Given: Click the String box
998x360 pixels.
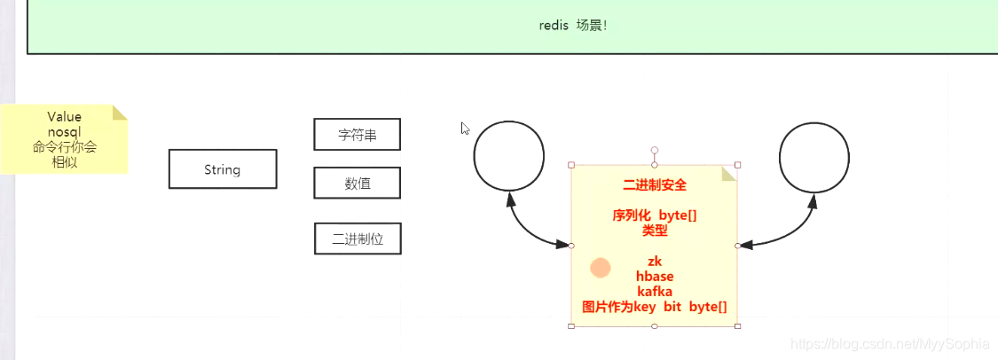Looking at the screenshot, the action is point(222,169).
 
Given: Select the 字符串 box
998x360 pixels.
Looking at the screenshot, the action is point(357,135).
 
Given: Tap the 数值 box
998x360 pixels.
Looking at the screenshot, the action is point(357,184).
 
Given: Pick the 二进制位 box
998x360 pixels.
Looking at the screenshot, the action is point(358,239).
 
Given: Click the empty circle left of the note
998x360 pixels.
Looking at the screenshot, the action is point(508,155).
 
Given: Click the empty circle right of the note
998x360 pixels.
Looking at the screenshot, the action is point(813,155).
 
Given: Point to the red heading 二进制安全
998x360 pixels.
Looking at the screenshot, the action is point(655,185).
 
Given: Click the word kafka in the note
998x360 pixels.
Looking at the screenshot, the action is point(655,292).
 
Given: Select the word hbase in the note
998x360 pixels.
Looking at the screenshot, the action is point(655,277).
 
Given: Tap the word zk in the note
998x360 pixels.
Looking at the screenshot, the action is point(655,262).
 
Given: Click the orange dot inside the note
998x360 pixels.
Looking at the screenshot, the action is point(601,268).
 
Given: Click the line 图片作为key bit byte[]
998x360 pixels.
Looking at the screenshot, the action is point(655,307).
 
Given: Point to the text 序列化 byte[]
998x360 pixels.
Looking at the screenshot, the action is point(655,215).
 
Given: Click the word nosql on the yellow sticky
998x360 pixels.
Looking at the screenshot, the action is point(65,132).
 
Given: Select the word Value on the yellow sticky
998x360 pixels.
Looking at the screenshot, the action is point(65,117).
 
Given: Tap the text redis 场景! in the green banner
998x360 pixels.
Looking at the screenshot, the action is point(573,25).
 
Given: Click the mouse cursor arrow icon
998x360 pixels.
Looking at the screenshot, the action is point(465,128).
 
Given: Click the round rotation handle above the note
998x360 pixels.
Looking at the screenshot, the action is point(655,151).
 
